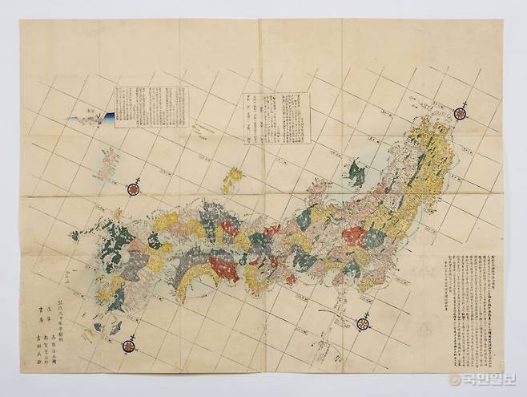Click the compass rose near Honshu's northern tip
coord(461,113)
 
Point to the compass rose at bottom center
coord(361,323)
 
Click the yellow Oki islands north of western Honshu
coord(233,173)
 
